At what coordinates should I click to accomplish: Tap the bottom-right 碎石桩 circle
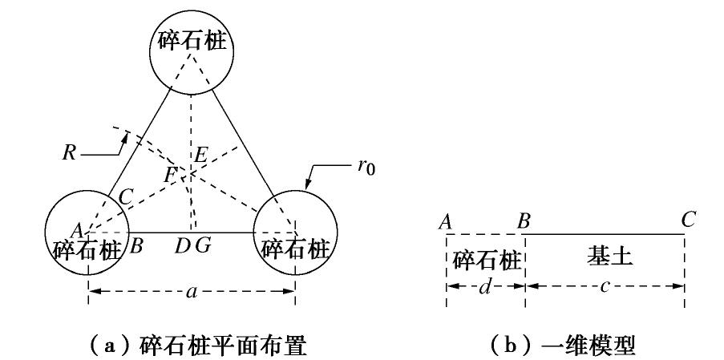(295, 233)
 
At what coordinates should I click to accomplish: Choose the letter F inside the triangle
(170, 173)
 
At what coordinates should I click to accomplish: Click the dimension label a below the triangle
(191, 292)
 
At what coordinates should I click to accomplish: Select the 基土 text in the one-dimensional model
(605, 257)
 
